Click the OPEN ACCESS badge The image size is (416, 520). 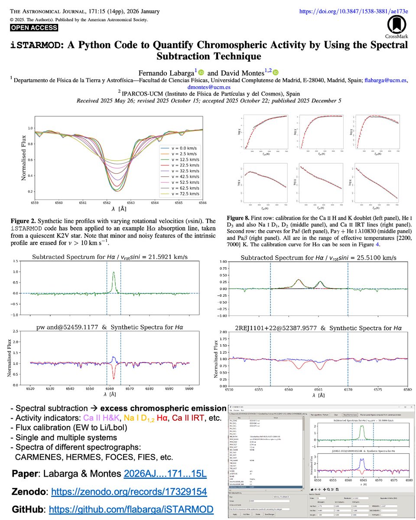(34, 28)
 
